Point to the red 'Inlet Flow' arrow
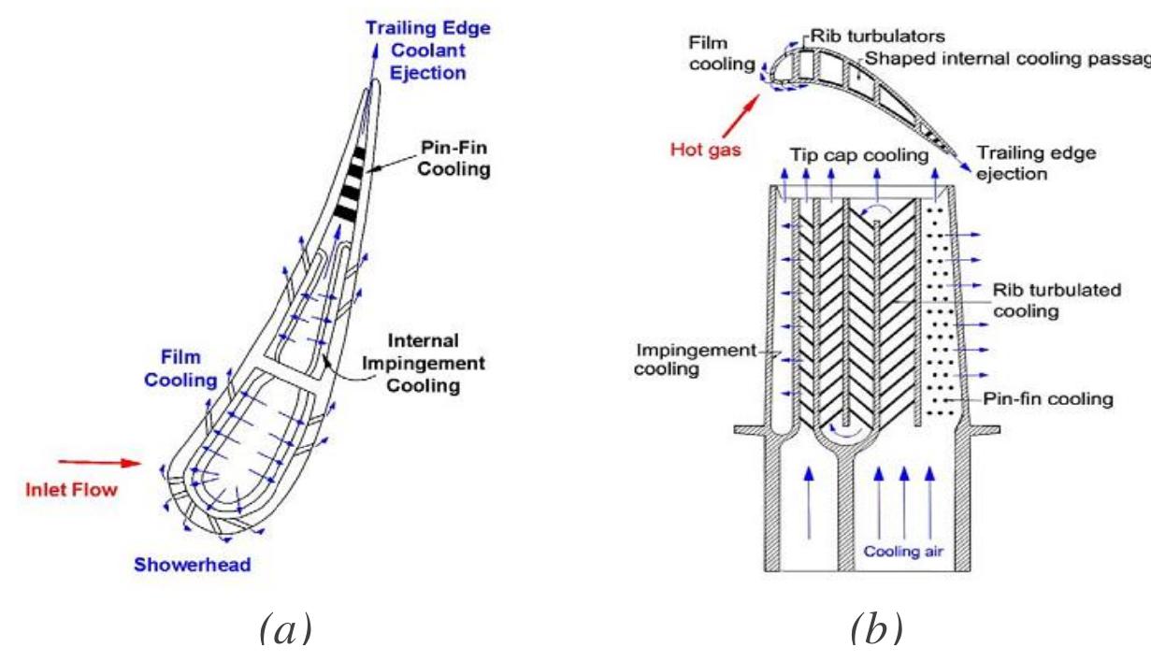pyautogui.click(x=98, y=461)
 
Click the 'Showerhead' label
pyautogui.click(x=193, y=565)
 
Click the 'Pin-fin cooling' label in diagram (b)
pyautogui.click(x=1048, y=399)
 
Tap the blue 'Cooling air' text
pyautogui.click(x=903, y=552)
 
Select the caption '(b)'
pyautogui.click(x=876, y=629)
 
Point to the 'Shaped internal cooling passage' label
pyautogui.click(x=1005, y=58)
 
